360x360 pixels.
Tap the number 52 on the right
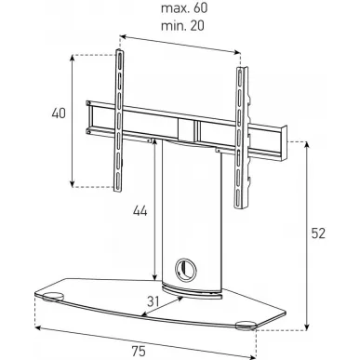point(318,233)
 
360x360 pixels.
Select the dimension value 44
point(140,211)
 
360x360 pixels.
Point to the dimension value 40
point(59,113)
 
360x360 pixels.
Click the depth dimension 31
point(153,301)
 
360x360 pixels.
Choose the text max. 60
point(184,8)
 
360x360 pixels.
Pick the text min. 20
point(182,26)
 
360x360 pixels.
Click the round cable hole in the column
point(185,269)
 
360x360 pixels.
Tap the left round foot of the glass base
point(52,297)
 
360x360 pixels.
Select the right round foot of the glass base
point(246,326)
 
